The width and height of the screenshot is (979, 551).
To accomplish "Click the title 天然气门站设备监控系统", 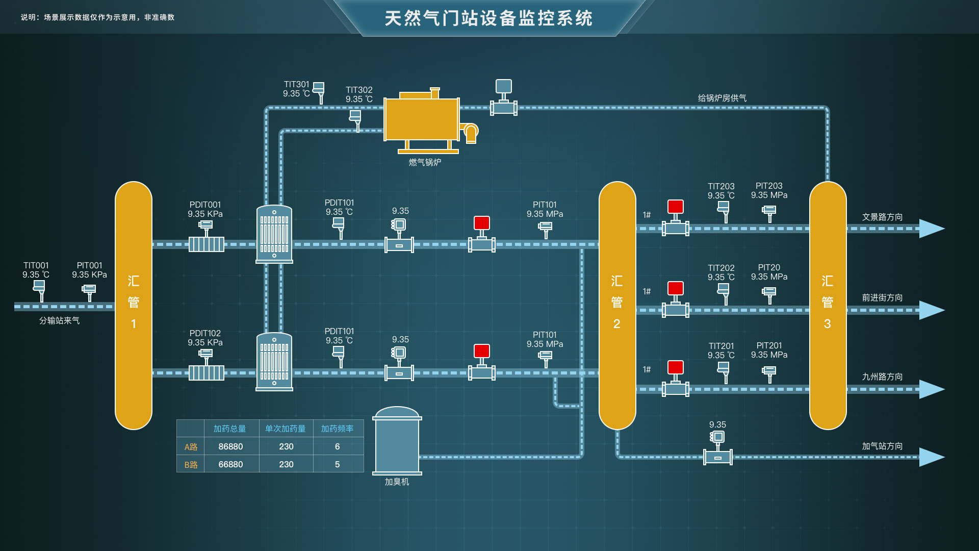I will pyautogui.click(x=488, y=18).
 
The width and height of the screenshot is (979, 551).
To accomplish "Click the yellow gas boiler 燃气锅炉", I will pyautogui.click(x=422, y=120).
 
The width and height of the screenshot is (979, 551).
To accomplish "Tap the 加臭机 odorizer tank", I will pyautogui.click(x=397, y=441).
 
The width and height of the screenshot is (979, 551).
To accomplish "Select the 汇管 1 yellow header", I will pyautogui.click(x=134, y=305).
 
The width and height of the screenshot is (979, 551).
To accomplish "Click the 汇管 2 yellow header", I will pyautogui.click(x=617, y=305).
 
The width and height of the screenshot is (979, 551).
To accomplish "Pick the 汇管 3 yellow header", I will pyautogui.click(x=828, y=305).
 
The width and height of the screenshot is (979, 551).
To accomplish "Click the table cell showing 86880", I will pyautogui.click(x=230, y=446).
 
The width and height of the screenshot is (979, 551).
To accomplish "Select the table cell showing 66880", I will pyautogui.click(x=230, y=464).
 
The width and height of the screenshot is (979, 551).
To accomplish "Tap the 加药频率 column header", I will pyautogui.click(x=337, y=429).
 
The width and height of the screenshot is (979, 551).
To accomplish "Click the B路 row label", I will pyautogui.click(x=191, y=464).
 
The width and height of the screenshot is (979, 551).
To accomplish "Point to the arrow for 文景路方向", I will pyautogui.click(x=932, y=229).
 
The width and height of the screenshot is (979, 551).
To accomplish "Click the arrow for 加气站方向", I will pyautogui.click(x=932, y=457).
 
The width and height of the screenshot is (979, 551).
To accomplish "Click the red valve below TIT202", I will pyautogui.click(x=675, y=289).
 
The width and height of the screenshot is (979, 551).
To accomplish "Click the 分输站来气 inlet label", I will pyautogui.click(x=60, y=320).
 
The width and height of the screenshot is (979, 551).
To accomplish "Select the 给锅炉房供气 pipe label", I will pyautogui.click(x=722, y=98).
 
